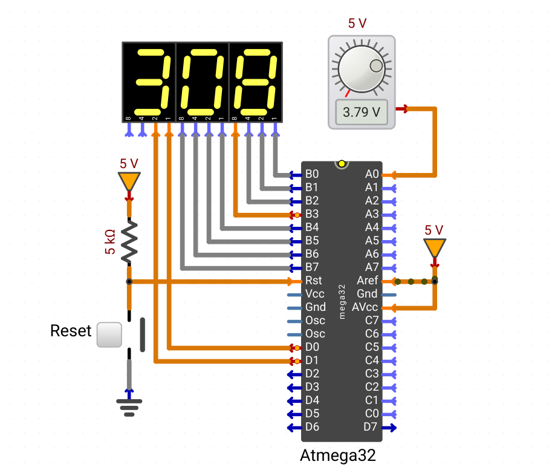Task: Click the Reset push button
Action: pyautogui.click(x=109, y=334)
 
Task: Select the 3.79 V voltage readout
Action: pyautogui.click(x=362, y=112)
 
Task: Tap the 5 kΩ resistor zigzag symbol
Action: pyautogui.click(x=129, y=241)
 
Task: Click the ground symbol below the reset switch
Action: pyautogui.click(x=129, y=408)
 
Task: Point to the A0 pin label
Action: pyautogui.click(x=372, y=174)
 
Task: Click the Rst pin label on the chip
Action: pyautogui.click(x=313, y=281)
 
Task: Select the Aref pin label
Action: pyautogui.click(x=367, y=281)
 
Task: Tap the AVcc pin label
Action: pyautogui.click(x=365, y=307)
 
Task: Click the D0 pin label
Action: pyautogui.click(x=312, y=347)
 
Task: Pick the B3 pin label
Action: pyautogui.click(x=312, y=214)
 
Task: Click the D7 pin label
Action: pyautogui.click(x=371, y=427)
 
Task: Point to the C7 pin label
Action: pyautogui.click(x=372, y=321)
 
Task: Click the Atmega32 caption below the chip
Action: pyautogui.click(x=338, y=455)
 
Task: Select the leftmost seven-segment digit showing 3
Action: pyautogui.click(x=149, y=82)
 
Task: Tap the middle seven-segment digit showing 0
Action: pyautogui.click(x=202, y=82)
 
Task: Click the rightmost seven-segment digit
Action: pyautogui.click(x=256, y=82)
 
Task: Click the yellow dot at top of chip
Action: pyautogui.click(x=342, y=164)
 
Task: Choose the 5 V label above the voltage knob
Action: pyautogui.click(x=357, y=24)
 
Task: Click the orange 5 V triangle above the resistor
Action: pyautogui.click(x=129, y=181)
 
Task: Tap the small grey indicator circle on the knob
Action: pyautogui.click(x=376, y=66)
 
